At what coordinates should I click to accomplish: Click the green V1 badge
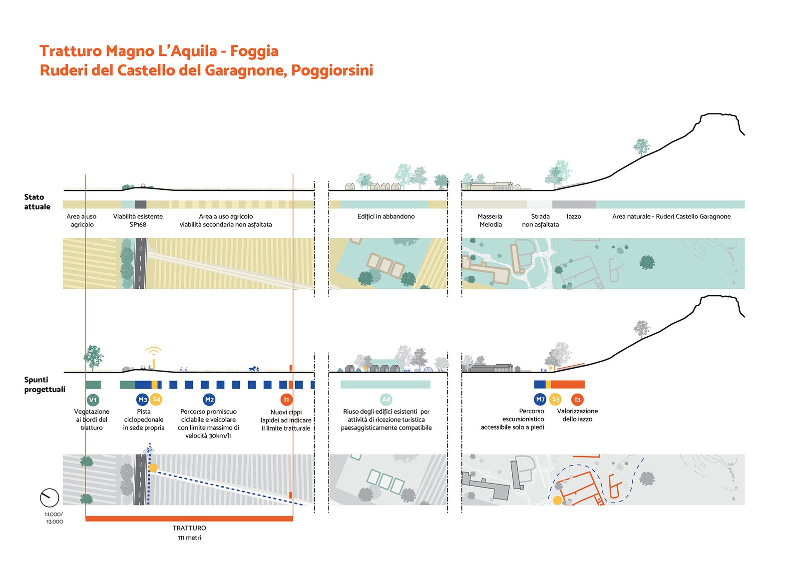pos(93,400)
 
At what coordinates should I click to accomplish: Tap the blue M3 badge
pos(142,399)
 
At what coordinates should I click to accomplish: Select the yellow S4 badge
pos(156,399)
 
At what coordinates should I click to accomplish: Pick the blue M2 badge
pos(209,399)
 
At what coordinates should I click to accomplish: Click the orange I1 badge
pos(286,399)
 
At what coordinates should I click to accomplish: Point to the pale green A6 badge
pos(386,399)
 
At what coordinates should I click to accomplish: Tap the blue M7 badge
pos(540,399)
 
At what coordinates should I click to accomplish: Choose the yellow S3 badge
pos(555,399)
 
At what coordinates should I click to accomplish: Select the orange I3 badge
pos(577,399)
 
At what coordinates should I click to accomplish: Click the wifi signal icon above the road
pos(153,351)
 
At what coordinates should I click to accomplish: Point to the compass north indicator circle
pos(49,498)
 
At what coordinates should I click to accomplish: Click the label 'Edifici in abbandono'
pos(386,216)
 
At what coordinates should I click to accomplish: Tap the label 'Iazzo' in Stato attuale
pos(574,216)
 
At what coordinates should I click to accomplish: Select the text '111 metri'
pos(189,538)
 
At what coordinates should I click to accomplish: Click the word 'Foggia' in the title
pos(254,51)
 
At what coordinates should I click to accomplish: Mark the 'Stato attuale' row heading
pos(37,202)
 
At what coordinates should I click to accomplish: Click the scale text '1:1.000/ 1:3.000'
pos(54,518)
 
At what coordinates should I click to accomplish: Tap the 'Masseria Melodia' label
pos(490,220)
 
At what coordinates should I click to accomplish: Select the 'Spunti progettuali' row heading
pos(44,384)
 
